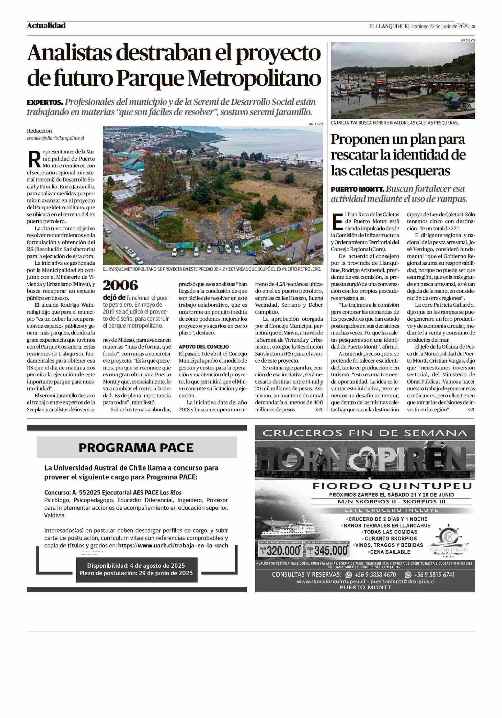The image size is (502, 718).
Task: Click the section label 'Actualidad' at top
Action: [x=46, y=26]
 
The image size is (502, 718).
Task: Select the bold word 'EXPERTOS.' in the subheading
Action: [x=45, y=102]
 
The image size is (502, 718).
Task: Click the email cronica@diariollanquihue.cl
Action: [x=55, y=137]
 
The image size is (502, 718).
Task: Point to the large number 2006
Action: [x=120, y=285]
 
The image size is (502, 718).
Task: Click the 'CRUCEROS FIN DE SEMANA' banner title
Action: [x=365, y=433]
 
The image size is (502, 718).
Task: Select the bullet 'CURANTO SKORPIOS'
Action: [x=391, y=538]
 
